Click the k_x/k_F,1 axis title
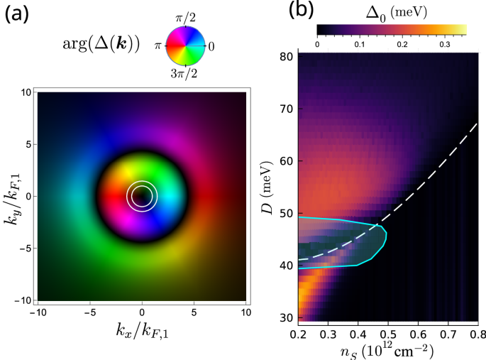(x=143, y=329)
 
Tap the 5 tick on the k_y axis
(x=25, y=144)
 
